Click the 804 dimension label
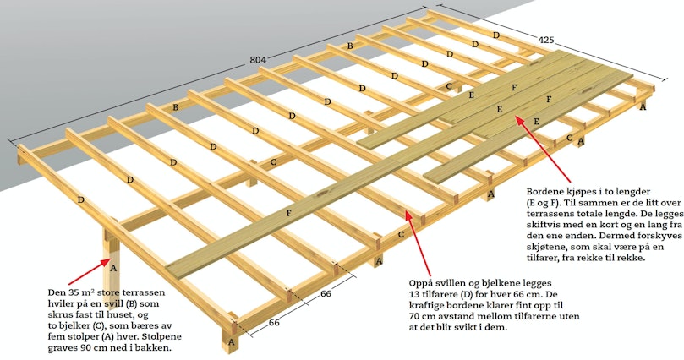click(x=258, y=60)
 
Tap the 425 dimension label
click(x=545, y=40)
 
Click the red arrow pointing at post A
click(x=88, y=271)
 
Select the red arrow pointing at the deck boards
click(x=543, y=149)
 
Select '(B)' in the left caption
click(x=131, y=303)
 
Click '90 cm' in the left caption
click(x=89, y=348)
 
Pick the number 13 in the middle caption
click(x=414, y=294)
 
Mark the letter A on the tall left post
click(x=113, y=268)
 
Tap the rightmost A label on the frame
click(x=642, y=106)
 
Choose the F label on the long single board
click(x=288, y=213)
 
